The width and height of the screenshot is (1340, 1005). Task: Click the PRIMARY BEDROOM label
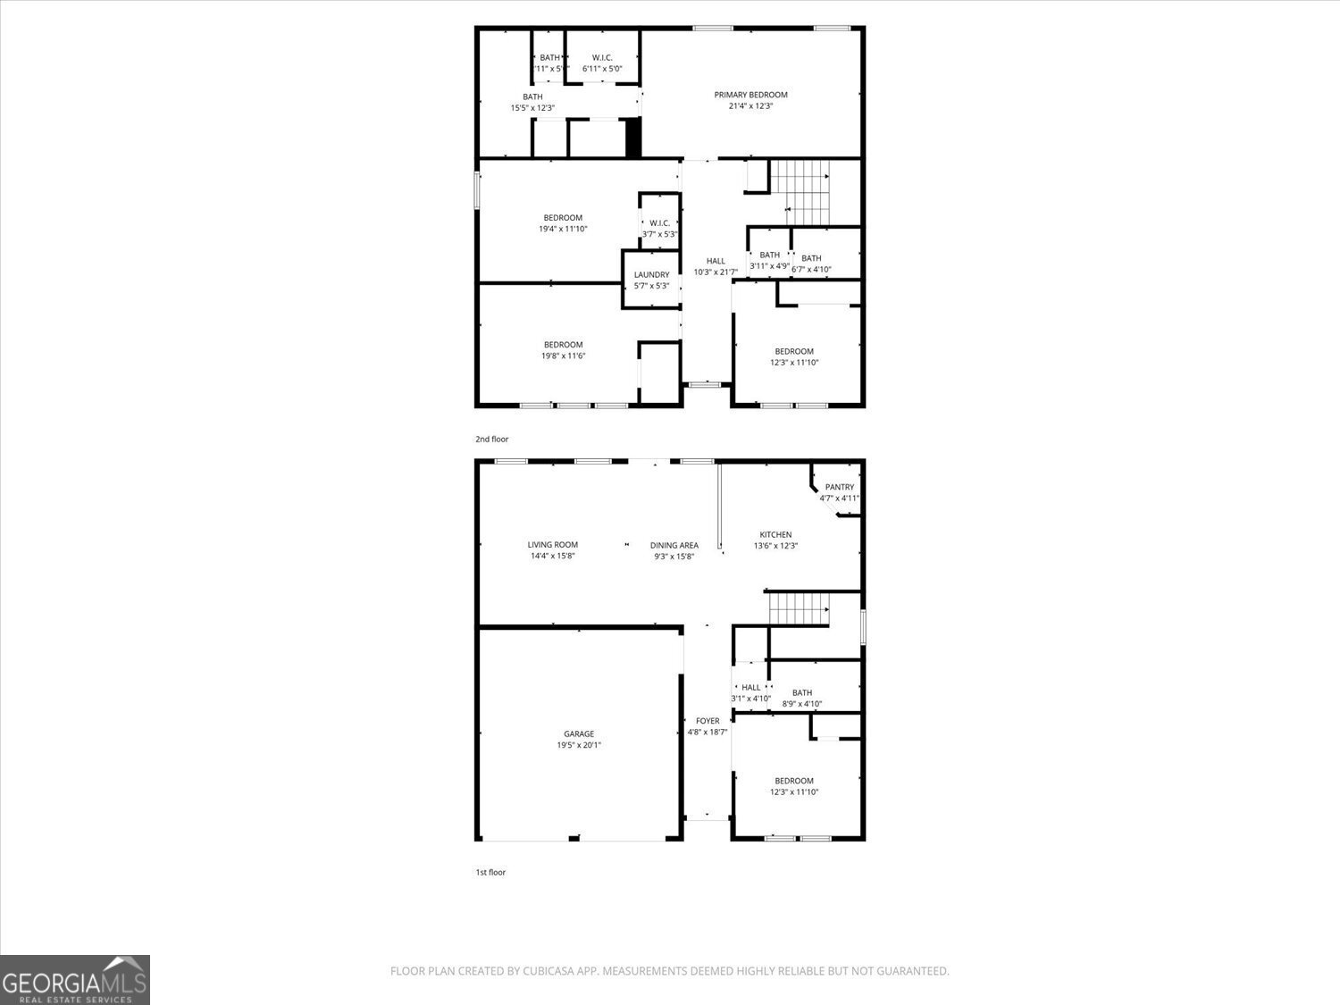tap(750, 95)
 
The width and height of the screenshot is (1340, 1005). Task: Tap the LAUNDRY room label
tap(651, 275)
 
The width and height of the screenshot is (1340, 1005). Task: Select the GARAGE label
tap(579, 734)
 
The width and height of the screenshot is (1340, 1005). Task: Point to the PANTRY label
tap(840, 488)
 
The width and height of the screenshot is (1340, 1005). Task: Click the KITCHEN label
tap(775, 535)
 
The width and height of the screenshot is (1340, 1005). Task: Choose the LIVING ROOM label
tap(552, 545)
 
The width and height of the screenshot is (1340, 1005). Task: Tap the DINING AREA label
tap(674, 546)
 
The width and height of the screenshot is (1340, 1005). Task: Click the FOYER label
tap(708, 721)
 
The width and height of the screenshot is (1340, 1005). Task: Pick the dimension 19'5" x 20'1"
tap(579, 745)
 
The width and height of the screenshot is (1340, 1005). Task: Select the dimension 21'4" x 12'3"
tap(750, 106)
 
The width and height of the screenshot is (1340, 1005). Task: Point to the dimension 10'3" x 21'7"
tap(716, 272)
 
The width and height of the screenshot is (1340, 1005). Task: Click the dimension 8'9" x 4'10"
tap(802, 704)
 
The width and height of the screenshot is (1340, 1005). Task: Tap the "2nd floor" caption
tap(491, 440)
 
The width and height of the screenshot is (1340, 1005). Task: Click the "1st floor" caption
tap(490, 873)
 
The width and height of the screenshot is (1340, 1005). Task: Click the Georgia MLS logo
tap(74, 980)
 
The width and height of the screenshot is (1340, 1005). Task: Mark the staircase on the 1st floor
tap(800, 609)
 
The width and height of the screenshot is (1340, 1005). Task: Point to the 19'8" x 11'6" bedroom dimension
tap(563, 356)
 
